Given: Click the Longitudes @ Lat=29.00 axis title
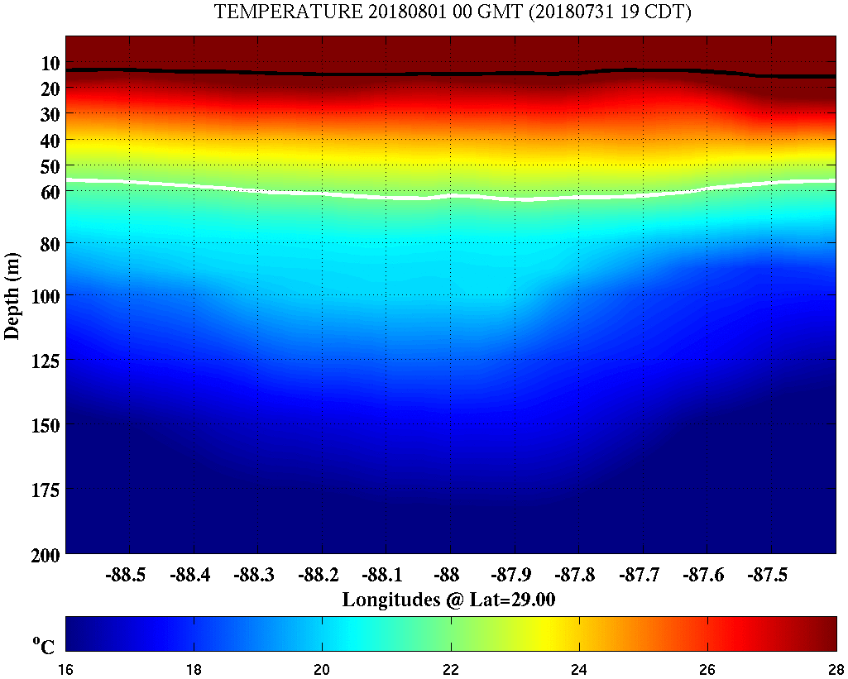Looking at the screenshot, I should [448, 600].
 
